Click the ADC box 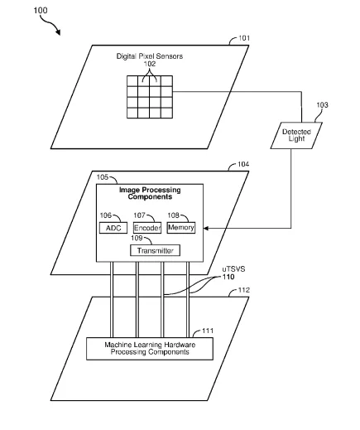113,228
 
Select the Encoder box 147,228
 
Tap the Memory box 181,228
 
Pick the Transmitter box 155,250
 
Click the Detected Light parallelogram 296,135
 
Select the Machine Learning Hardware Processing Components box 150,349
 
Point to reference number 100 41,11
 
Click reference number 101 244,38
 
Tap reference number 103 322,105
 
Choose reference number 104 243,164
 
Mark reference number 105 103,177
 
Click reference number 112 244,290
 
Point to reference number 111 208,331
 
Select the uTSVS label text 233,269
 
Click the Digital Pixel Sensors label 150,56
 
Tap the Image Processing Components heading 150,193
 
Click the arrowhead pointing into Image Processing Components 206,228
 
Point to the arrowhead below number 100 58,32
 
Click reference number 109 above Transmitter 137,238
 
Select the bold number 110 228,277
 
